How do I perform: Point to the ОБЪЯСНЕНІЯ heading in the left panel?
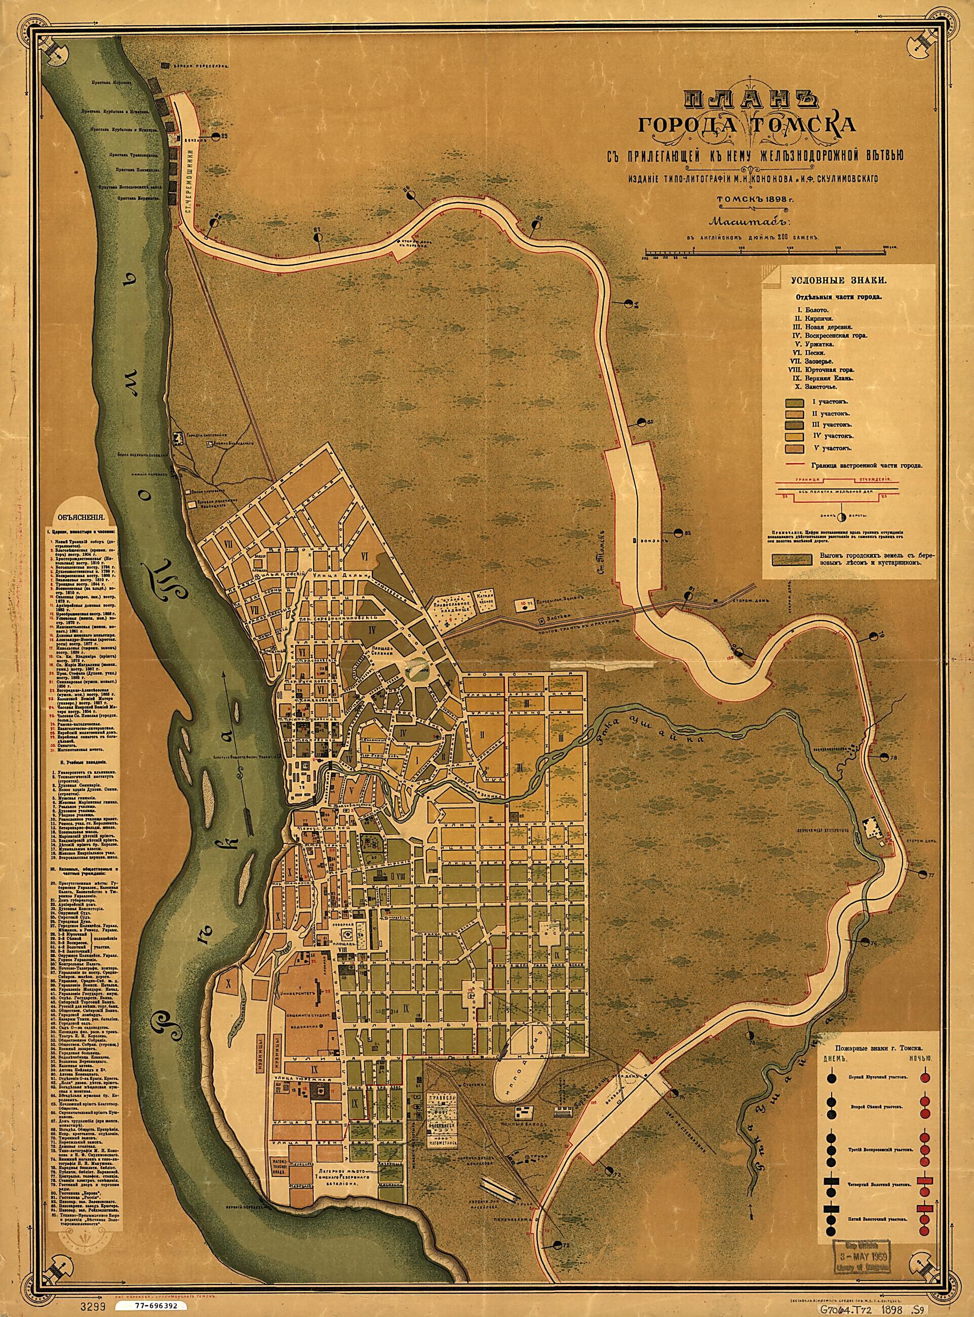coord(80,514)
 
